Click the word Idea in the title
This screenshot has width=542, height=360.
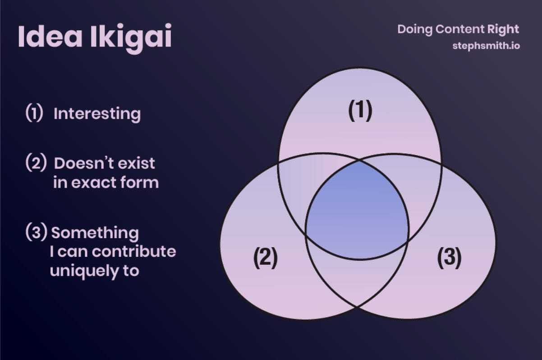coord(50,36)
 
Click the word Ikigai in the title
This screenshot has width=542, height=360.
coord(131,39)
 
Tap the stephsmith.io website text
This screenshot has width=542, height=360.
coord(486,46)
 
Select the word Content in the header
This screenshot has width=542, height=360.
coord(459,29)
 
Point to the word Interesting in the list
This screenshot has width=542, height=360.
coord(97,114)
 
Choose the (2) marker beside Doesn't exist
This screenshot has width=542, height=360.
coord(36,162)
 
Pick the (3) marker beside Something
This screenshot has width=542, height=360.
coord(36,232)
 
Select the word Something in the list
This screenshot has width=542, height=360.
coord(95,233)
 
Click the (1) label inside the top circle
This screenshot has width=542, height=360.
coord(360,111)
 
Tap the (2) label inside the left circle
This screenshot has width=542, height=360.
coord(266,257)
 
